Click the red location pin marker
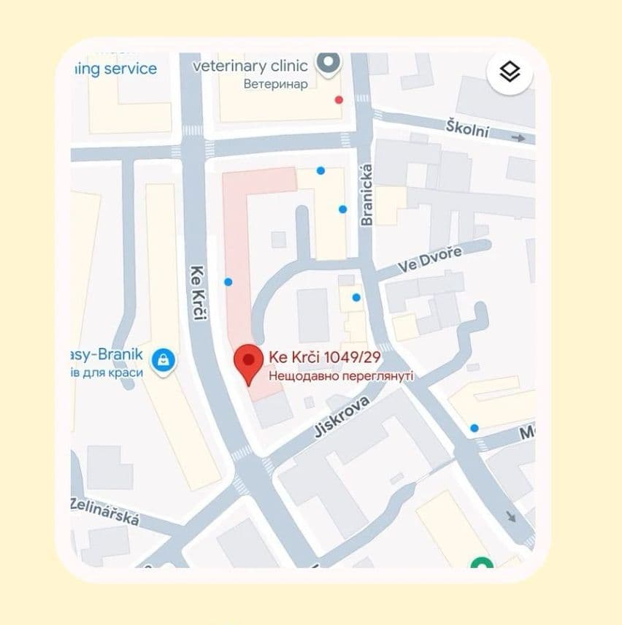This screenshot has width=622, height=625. coord(248,362)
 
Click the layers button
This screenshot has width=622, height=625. coord(510,72)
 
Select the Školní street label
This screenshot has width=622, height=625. coord(467,129)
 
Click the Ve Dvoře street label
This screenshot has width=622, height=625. coord(430,260)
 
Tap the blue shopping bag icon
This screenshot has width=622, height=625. coord(162,359)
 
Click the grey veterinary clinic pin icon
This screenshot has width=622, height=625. coord(329,64)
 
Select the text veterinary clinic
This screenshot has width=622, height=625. coord(250,66)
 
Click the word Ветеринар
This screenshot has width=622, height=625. coord(275,84)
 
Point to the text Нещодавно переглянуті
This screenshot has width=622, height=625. coord(341,376)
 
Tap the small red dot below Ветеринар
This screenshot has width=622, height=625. coord(338,99)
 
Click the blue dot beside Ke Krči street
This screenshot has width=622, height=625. coord(229,282)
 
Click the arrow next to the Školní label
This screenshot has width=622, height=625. coord(518,137)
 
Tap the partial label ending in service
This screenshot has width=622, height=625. coord(115,69)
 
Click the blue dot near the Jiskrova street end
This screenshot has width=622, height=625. coord(475,428)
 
